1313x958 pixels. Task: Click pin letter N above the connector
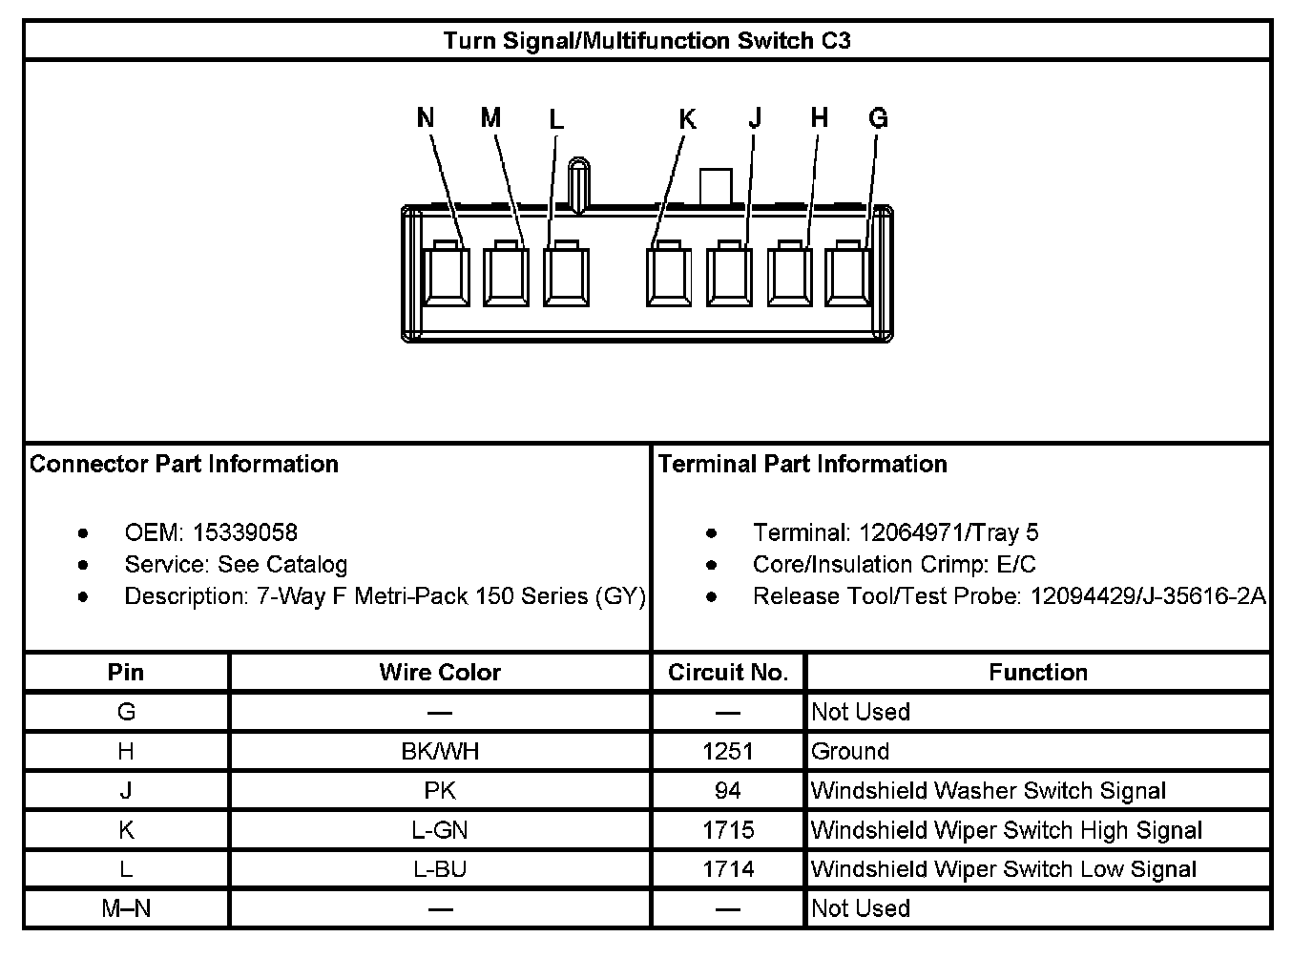click(426, 117)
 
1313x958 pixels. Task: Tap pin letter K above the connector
click(687, 119)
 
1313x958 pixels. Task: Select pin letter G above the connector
click(878, 118)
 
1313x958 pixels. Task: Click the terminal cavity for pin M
click(506, 276)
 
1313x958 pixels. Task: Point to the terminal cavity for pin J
click(730, 276)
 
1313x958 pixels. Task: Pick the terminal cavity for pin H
click(790, 276)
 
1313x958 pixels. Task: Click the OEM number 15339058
click(245, 532)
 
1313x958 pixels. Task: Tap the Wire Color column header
click(440, 673)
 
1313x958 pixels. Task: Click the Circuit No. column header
click(728, 673)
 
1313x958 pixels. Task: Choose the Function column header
click(1038, 673)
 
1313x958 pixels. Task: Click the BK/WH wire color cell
click(440, 752)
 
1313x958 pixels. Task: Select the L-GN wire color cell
click(440, 830)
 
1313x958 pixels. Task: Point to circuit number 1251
click(728, 752)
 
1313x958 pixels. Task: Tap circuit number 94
click(728, 791)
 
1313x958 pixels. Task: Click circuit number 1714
click(728, 869)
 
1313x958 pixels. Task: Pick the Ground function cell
click(850, 752)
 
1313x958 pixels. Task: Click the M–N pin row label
click(126, 908)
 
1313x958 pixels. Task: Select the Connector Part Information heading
click(184, 464)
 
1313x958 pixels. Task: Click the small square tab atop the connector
click(716, 186)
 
